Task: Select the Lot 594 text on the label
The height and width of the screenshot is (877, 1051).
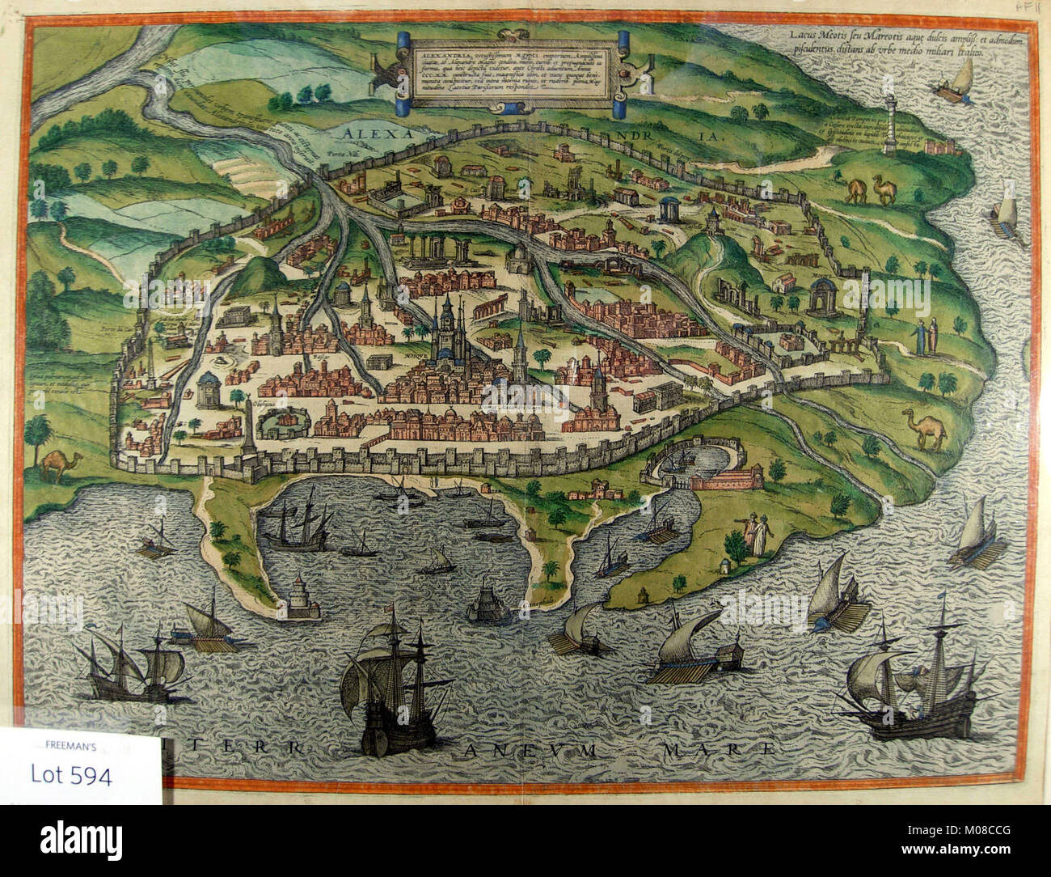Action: (x=72, y=774)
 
